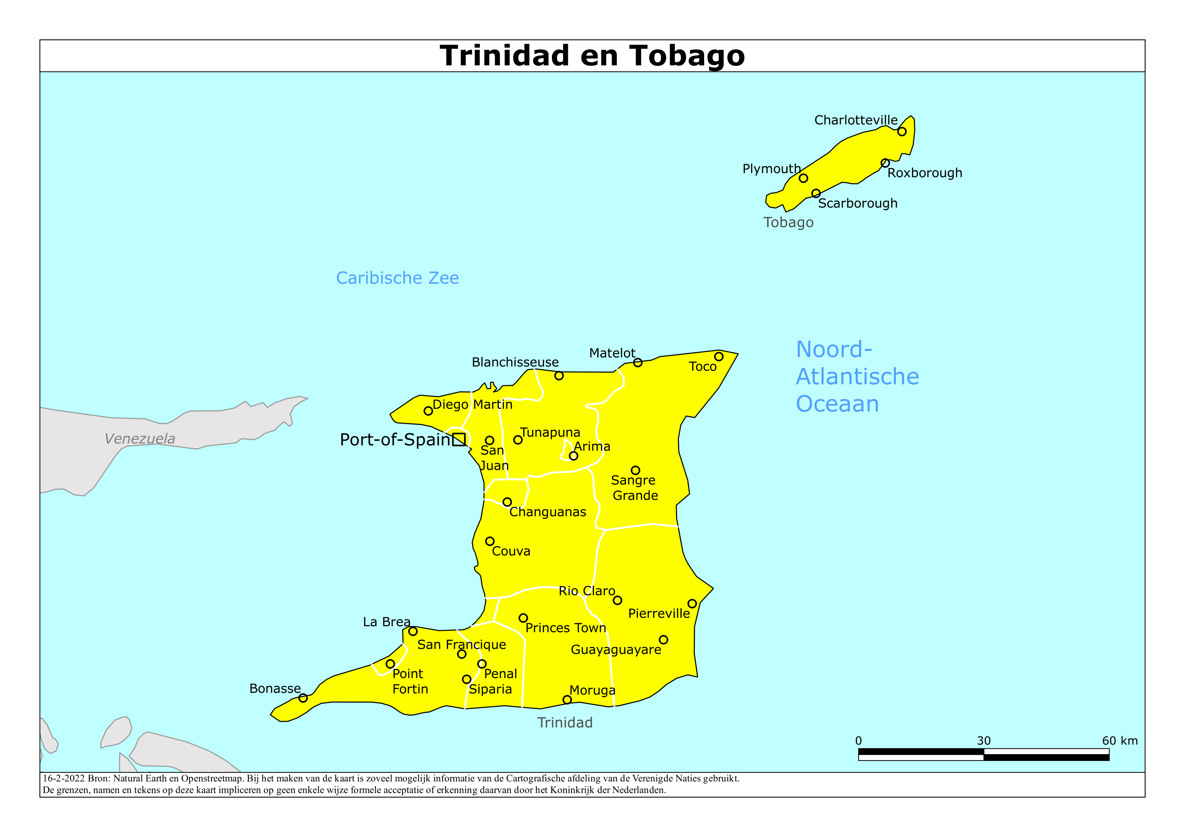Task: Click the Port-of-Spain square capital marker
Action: (459, 439)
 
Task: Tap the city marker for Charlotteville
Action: (902, 132)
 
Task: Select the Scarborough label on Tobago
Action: (857, 203)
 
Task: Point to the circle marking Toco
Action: (718, 356)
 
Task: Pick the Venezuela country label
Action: (140, 438)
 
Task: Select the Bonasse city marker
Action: (303, 698)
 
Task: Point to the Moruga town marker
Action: (567, 699)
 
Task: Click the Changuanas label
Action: (547, 512)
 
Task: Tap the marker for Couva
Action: (490, 541)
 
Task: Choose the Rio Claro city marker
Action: (617, 600)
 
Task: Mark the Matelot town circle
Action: (638, 362)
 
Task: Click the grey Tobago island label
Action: (788, 222)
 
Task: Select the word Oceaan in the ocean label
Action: (837, 404)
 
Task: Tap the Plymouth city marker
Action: (803, 178)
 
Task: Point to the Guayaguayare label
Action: (616, 650)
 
